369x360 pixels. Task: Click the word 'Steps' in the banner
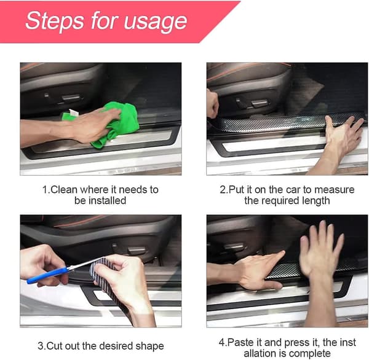(55, 22)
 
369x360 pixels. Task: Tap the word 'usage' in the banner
(156, 23)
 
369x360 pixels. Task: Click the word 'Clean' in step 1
(64, 190)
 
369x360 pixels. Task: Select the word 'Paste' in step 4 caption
(240, 342)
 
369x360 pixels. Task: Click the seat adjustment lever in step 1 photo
(70, 97)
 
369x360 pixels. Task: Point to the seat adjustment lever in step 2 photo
(260, 103)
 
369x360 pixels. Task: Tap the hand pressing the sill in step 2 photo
(341, 136)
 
